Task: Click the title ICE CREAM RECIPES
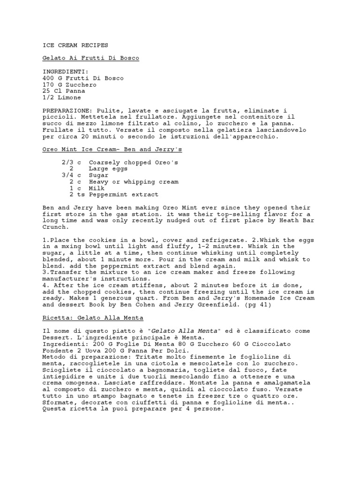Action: coord(75,45)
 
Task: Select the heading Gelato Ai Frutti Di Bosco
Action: coord(90,58)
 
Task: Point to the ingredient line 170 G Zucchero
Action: coord(69,85)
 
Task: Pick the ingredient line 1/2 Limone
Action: coord(61,98)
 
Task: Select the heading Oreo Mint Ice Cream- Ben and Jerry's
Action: coord(112,150)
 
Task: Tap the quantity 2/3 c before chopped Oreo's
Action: coord(71,162)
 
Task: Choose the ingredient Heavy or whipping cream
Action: coord(134,182)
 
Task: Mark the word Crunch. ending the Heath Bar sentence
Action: coord(55,227)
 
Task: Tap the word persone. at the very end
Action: coord(210,409)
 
